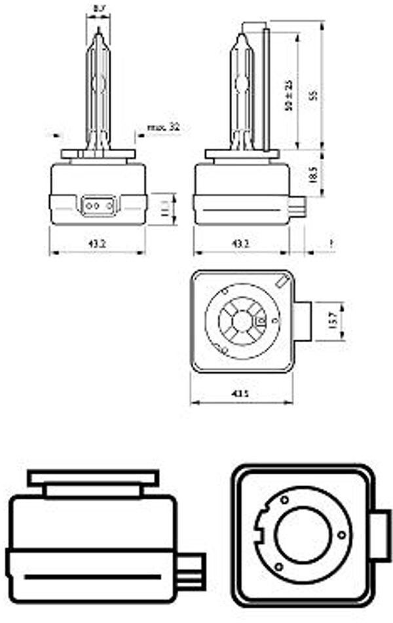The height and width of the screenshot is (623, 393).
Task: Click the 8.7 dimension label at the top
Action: (x=99, y=9)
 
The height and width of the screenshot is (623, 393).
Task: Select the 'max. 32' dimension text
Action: (x=163, y=127)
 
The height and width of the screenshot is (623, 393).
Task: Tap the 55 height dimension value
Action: (x=314, y=95)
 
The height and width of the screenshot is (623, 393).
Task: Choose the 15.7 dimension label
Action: (x=332, y=321)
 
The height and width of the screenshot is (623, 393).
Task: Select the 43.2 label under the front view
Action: (x=98, y=243)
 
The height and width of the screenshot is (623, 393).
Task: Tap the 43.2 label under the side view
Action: (x=242, y=243)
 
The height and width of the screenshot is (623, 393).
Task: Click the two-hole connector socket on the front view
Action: (x=98, y=205)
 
